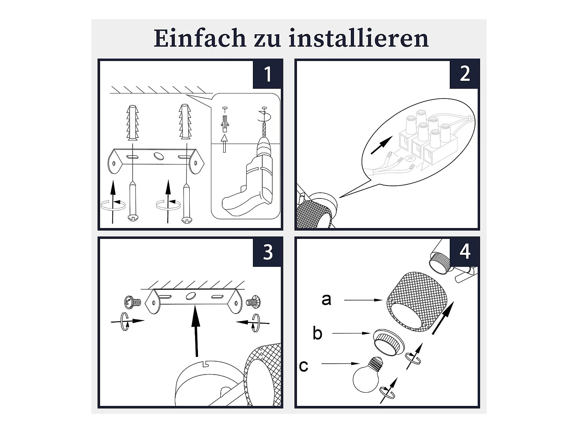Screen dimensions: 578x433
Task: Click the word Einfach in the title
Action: [200, 38]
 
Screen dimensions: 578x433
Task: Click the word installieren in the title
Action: [359, 38]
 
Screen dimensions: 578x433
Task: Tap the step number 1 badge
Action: [267, 74]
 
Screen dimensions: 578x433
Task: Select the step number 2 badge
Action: [464, 74]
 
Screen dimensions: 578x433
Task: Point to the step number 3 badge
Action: [267, 252]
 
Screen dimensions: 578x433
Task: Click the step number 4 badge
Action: [464, 252]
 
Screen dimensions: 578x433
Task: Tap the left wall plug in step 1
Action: [133, 123]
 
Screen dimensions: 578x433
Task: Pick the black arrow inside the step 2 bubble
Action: [381, 145]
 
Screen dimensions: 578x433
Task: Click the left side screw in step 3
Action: [133, 302]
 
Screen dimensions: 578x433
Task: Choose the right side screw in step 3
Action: [253, 302]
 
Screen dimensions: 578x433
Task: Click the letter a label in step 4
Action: [326, 300]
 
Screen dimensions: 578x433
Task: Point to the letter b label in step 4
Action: [317, 333]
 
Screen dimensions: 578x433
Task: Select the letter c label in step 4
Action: [303, 366]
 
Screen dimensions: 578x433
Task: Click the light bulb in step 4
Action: [368, 374]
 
